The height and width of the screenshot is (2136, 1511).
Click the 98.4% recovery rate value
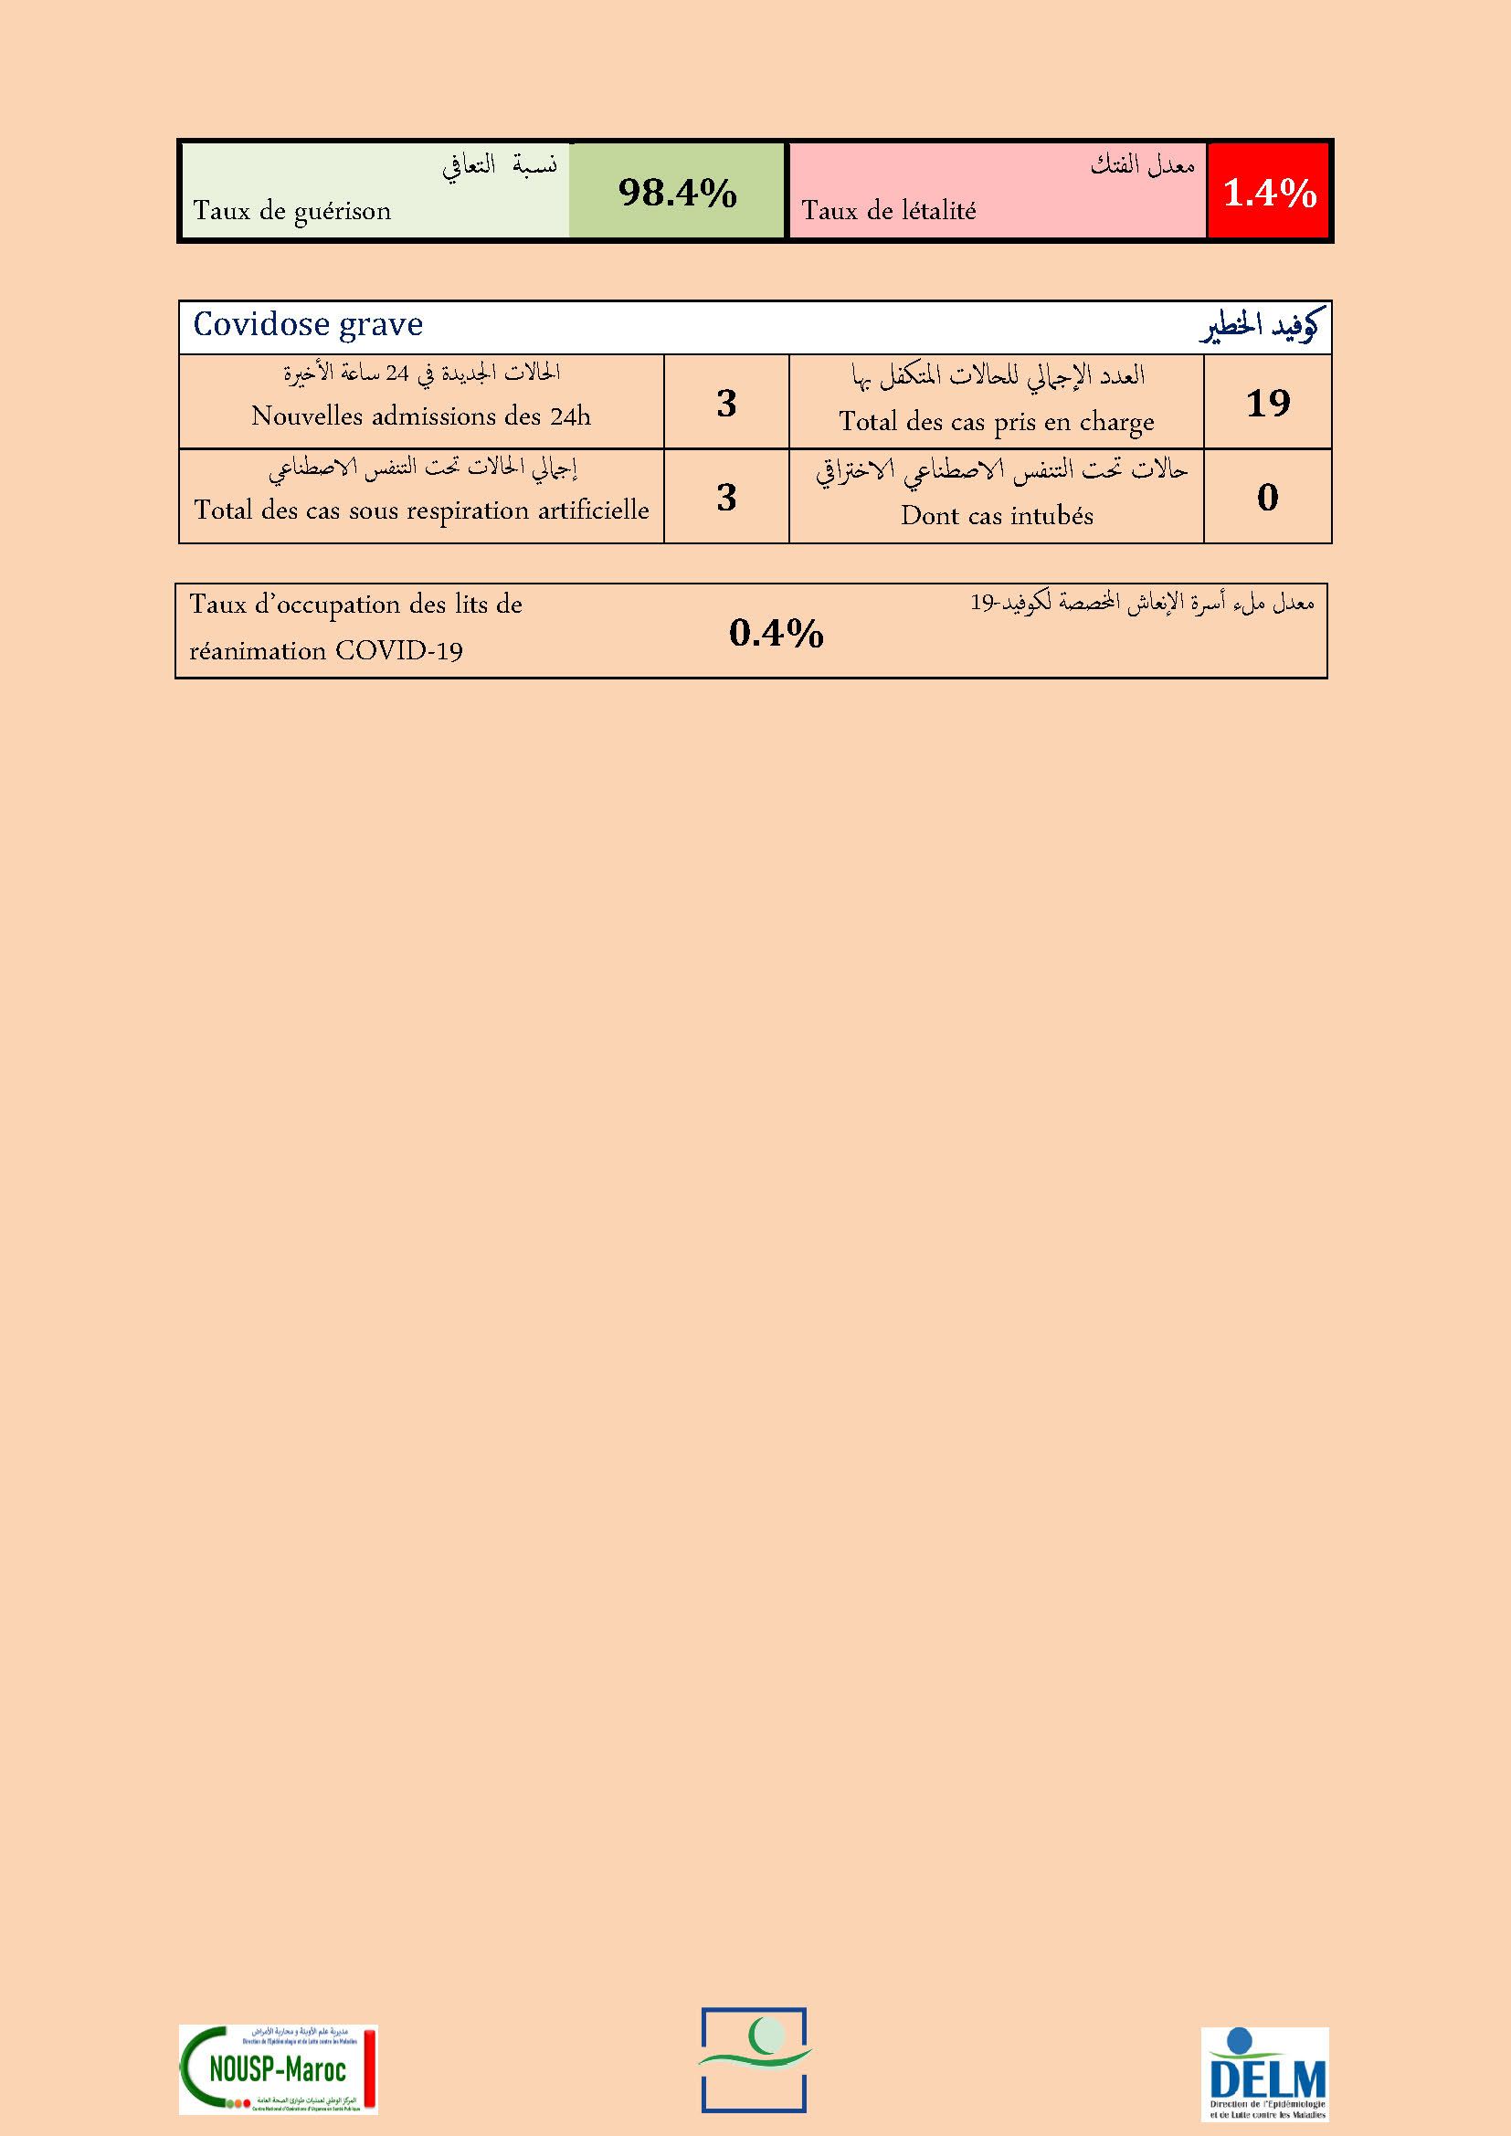click(677, 193)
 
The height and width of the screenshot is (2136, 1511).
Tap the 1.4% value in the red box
click(1269, 193)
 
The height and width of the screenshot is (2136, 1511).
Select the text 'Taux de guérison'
click(292, 211)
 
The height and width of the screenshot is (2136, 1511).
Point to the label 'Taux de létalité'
click(889, 211)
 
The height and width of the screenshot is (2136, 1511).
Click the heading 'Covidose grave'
click(308, 325)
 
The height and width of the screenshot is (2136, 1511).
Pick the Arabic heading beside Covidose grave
click(1259, 327)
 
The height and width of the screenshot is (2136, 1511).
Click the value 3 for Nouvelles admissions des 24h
click(726, 403)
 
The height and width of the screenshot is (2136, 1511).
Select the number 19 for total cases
click(1267, 403)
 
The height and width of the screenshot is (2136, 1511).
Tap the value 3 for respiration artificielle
click(726, 497)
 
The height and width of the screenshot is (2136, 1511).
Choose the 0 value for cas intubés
click(1267, 497)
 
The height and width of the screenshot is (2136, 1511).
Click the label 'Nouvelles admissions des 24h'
click(420, 416)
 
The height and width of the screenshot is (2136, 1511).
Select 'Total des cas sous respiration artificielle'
click(421, 510)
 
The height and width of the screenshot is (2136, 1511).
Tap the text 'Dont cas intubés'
click(997, 515)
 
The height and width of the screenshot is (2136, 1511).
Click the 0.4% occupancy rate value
click(776, 633)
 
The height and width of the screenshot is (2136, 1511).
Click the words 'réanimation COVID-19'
click(325, 650)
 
